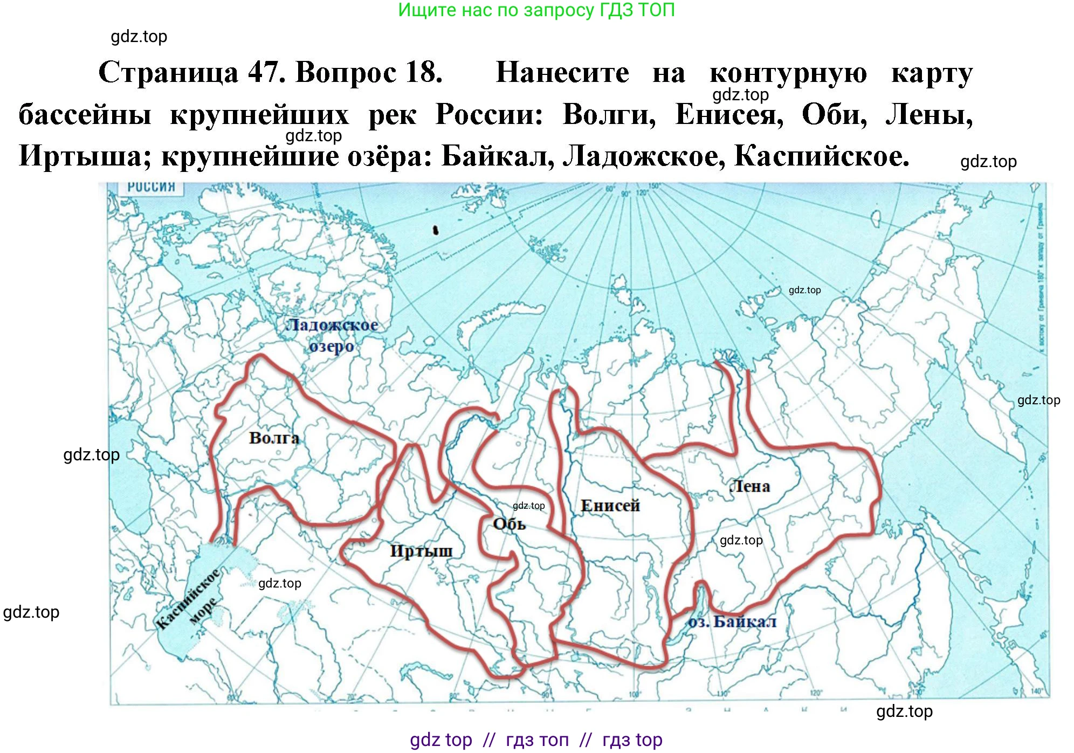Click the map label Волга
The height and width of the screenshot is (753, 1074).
tap(274, 438)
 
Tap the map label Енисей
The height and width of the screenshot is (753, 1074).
tap(610, 506)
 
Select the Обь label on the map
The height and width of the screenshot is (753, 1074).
tap(509, 524)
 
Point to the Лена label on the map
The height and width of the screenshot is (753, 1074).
tap(750, 486)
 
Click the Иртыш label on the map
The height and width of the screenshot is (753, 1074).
tap(421, 551)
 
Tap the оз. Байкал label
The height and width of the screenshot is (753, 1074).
tap(732, 622)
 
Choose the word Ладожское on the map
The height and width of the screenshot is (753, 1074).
tap(332, 324)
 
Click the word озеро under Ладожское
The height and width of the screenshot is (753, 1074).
tap(332, 346)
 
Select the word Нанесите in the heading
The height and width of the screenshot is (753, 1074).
tap(562, 72)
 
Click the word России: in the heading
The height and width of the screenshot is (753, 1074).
tap(489, 114)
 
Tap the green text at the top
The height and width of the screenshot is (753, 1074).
tap(536, 10)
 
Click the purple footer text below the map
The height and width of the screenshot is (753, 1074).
tap(536, 740)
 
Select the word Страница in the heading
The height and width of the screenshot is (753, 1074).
tap(168, 72)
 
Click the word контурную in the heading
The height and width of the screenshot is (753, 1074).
tap(788, 73)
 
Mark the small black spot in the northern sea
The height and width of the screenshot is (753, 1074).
tap(436, 231)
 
